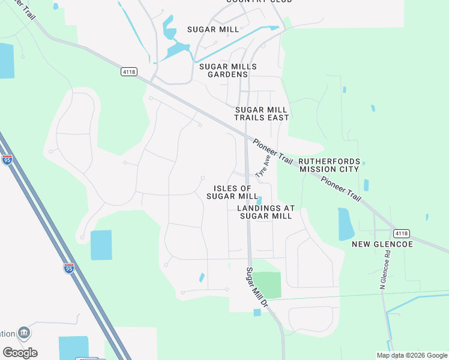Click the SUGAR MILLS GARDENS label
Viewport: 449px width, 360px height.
pyautogui.click(x=228, y=70)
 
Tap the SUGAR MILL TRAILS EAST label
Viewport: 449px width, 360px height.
pyautogui.click(x=261, y=113)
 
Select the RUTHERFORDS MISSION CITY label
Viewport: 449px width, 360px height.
pyautogui.click(x=330, y=165)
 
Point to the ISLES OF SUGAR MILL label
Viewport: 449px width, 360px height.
pyautogui.click(x=232, y=192)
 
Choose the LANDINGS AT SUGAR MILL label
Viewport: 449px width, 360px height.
pyautogui.click(x=265, y=212)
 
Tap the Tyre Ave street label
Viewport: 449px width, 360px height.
pyautogui.click(x=263, y=166)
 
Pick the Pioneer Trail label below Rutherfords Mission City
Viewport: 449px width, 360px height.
pyautogui.click(x=341, y=188)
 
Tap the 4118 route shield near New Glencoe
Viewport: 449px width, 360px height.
pyautogui.click(x=401, y=233)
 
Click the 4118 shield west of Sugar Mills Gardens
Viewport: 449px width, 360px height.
pyautogui.click(x=128, y=71)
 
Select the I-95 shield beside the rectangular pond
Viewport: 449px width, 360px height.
pyautogui.click(x=69, y=268)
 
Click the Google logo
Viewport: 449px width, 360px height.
pyautogui.click(x=20, y=352)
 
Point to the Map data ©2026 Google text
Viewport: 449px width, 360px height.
pyautogui.click(x=412, y=355)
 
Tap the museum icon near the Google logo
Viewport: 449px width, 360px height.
pyautogui.click(x=24, y=332)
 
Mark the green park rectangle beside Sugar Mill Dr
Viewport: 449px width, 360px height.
pyautogui.click(x=267, y=285)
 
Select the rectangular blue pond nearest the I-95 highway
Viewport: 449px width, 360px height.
pyautogui.click(x=101, y=245)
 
